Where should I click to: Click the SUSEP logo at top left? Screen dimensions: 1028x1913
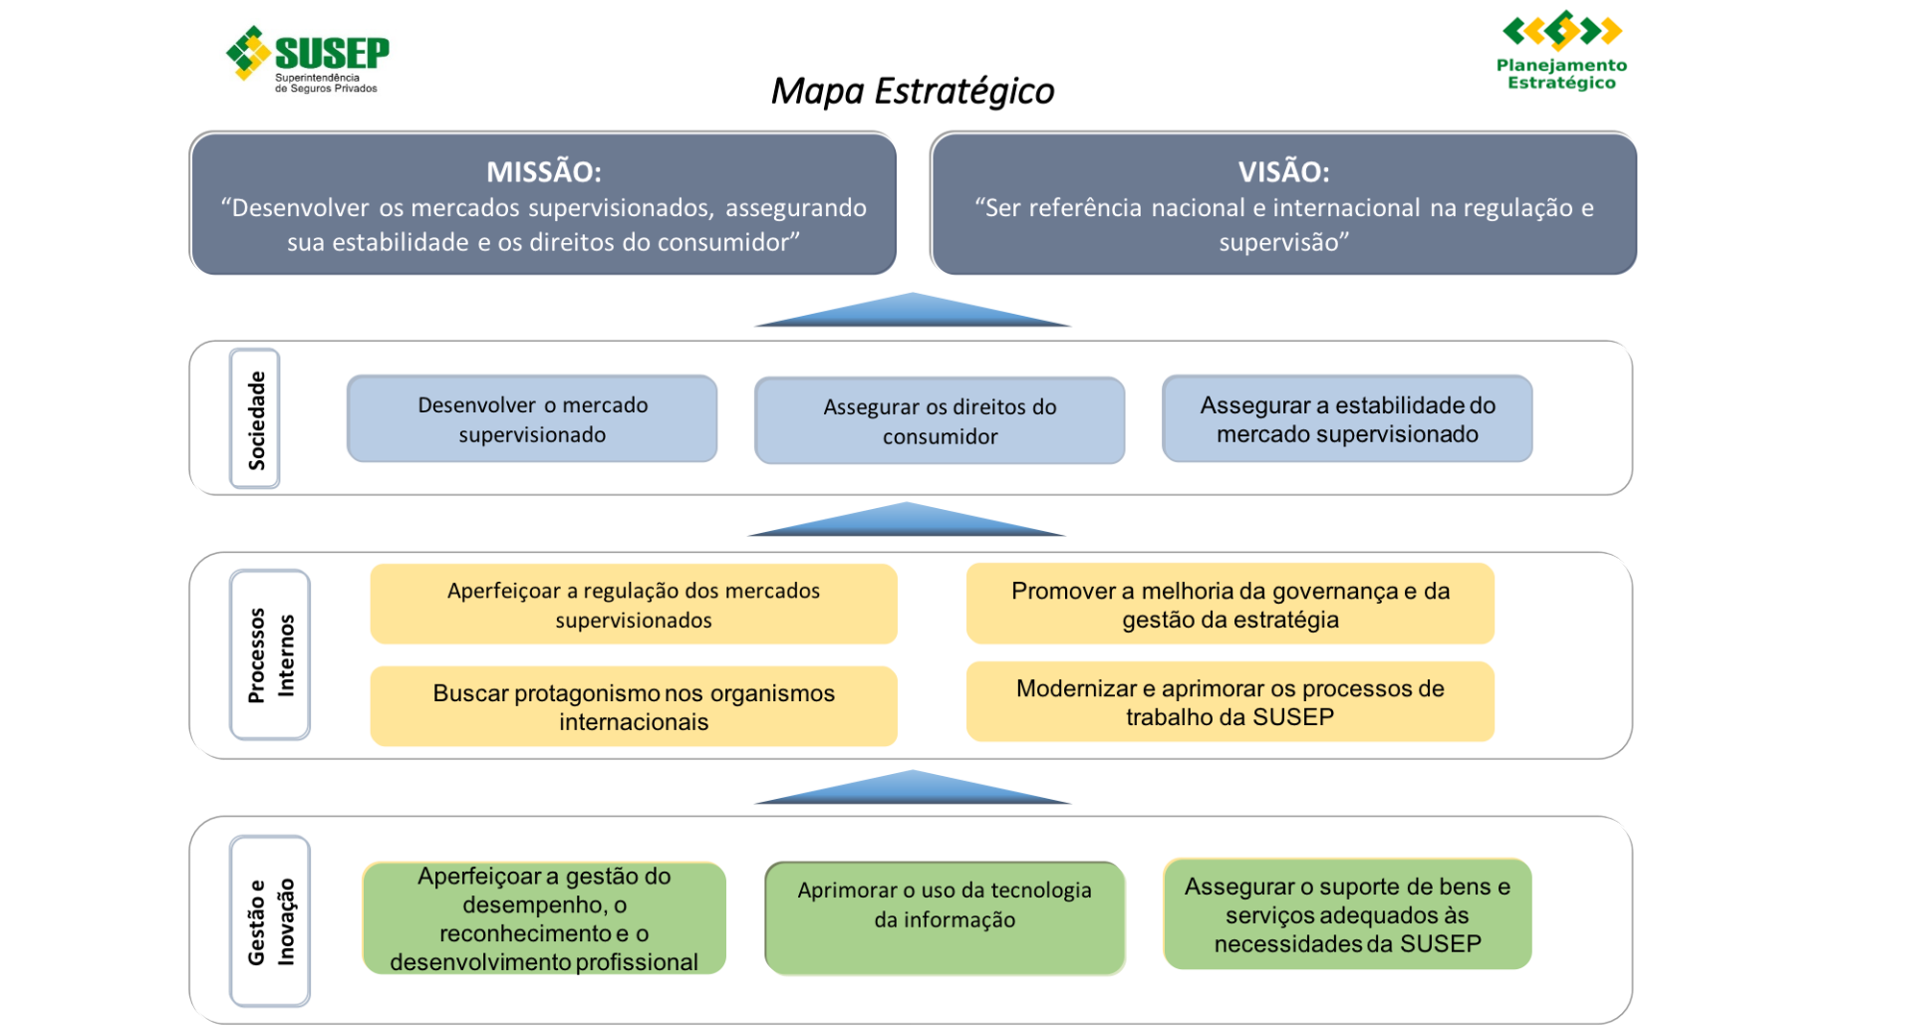(x=309, y=59)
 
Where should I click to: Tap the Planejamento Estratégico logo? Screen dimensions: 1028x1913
(x=1560, y=51)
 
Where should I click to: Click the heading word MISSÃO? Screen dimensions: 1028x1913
(x=543, y=171)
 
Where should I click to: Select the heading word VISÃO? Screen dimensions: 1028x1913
(x=1283, y=171)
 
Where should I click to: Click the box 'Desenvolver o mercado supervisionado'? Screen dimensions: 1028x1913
(x=532, y=419)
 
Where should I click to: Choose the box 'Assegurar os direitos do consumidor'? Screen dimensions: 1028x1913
(x=940, y=421)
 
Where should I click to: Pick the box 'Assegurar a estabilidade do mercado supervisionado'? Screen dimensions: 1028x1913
(x=1347, y=419)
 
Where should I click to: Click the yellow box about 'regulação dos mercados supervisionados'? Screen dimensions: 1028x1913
(x=634, y=605)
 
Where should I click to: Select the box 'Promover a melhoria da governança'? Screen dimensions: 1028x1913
(x=1230, y=605)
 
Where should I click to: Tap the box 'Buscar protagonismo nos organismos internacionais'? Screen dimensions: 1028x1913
(x=634, y=707)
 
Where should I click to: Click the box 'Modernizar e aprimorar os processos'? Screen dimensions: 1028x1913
(x=1230, y=702)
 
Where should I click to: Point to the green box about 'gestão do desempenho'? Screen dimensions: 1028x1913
(x=544, y=918)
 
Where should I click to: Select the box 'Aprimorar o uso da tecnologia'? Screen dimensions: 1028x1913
(x=945, y=918)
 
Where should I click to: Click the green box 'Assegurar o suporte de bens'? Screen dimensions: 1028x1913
(x=1347, y=914)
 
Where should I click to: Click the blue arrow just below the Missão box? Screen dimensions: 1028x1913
(x=912, y=311)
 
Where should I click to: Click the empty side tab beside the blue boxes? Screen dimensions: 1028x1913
(x=256, y=419)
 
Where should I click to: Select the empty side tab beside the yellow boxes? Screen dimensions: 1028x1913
(x=271, y=655)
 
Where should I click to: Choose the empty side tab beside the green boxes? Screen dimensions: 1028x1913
(x=271, y=921)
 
